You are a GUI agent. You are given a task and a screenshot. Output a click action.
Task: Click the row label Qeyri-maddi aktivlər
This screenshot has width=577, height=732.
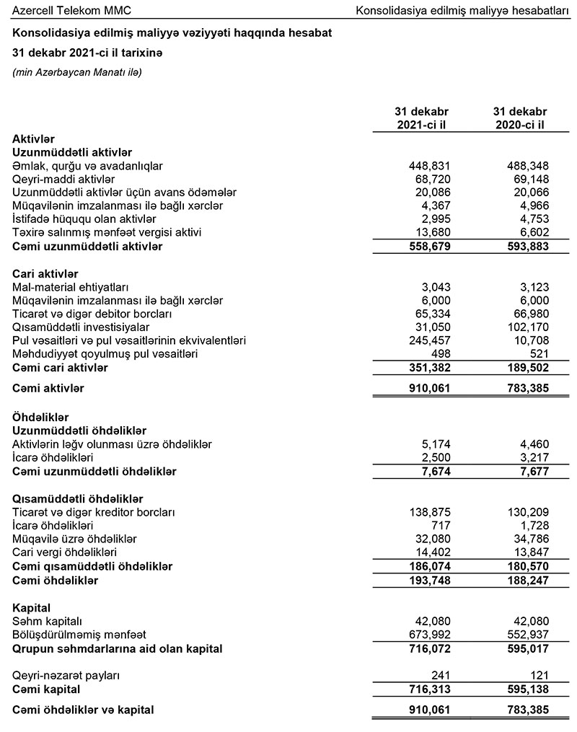(63, 178)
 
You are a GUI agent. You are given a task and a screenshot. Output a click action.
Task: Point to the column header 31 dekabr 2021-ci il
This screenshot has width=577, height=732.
(421, 118)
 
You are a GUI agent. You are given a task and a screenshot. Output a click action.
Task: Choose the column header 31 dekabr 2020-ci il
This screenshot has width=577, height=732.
(520, 118)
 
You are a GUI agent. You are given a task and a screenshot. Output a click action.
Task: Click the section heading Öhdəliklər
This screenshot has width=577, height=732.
(40, 417)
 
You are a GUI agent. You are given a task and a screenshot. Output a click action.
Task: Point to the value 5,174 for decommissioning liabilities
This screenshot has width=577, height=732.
(434, 444)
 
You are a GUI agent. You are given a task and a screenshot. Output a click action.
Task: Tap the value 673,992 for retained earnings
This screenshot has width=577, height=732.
(428, 635)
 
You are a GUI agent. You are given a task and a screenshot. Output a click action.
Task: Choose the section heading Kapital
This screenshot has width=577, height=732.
(32, 608)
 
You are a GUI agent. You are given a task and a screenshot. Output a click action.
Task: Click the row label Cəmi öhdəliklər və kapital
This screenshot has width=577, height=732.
(84, 710)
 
